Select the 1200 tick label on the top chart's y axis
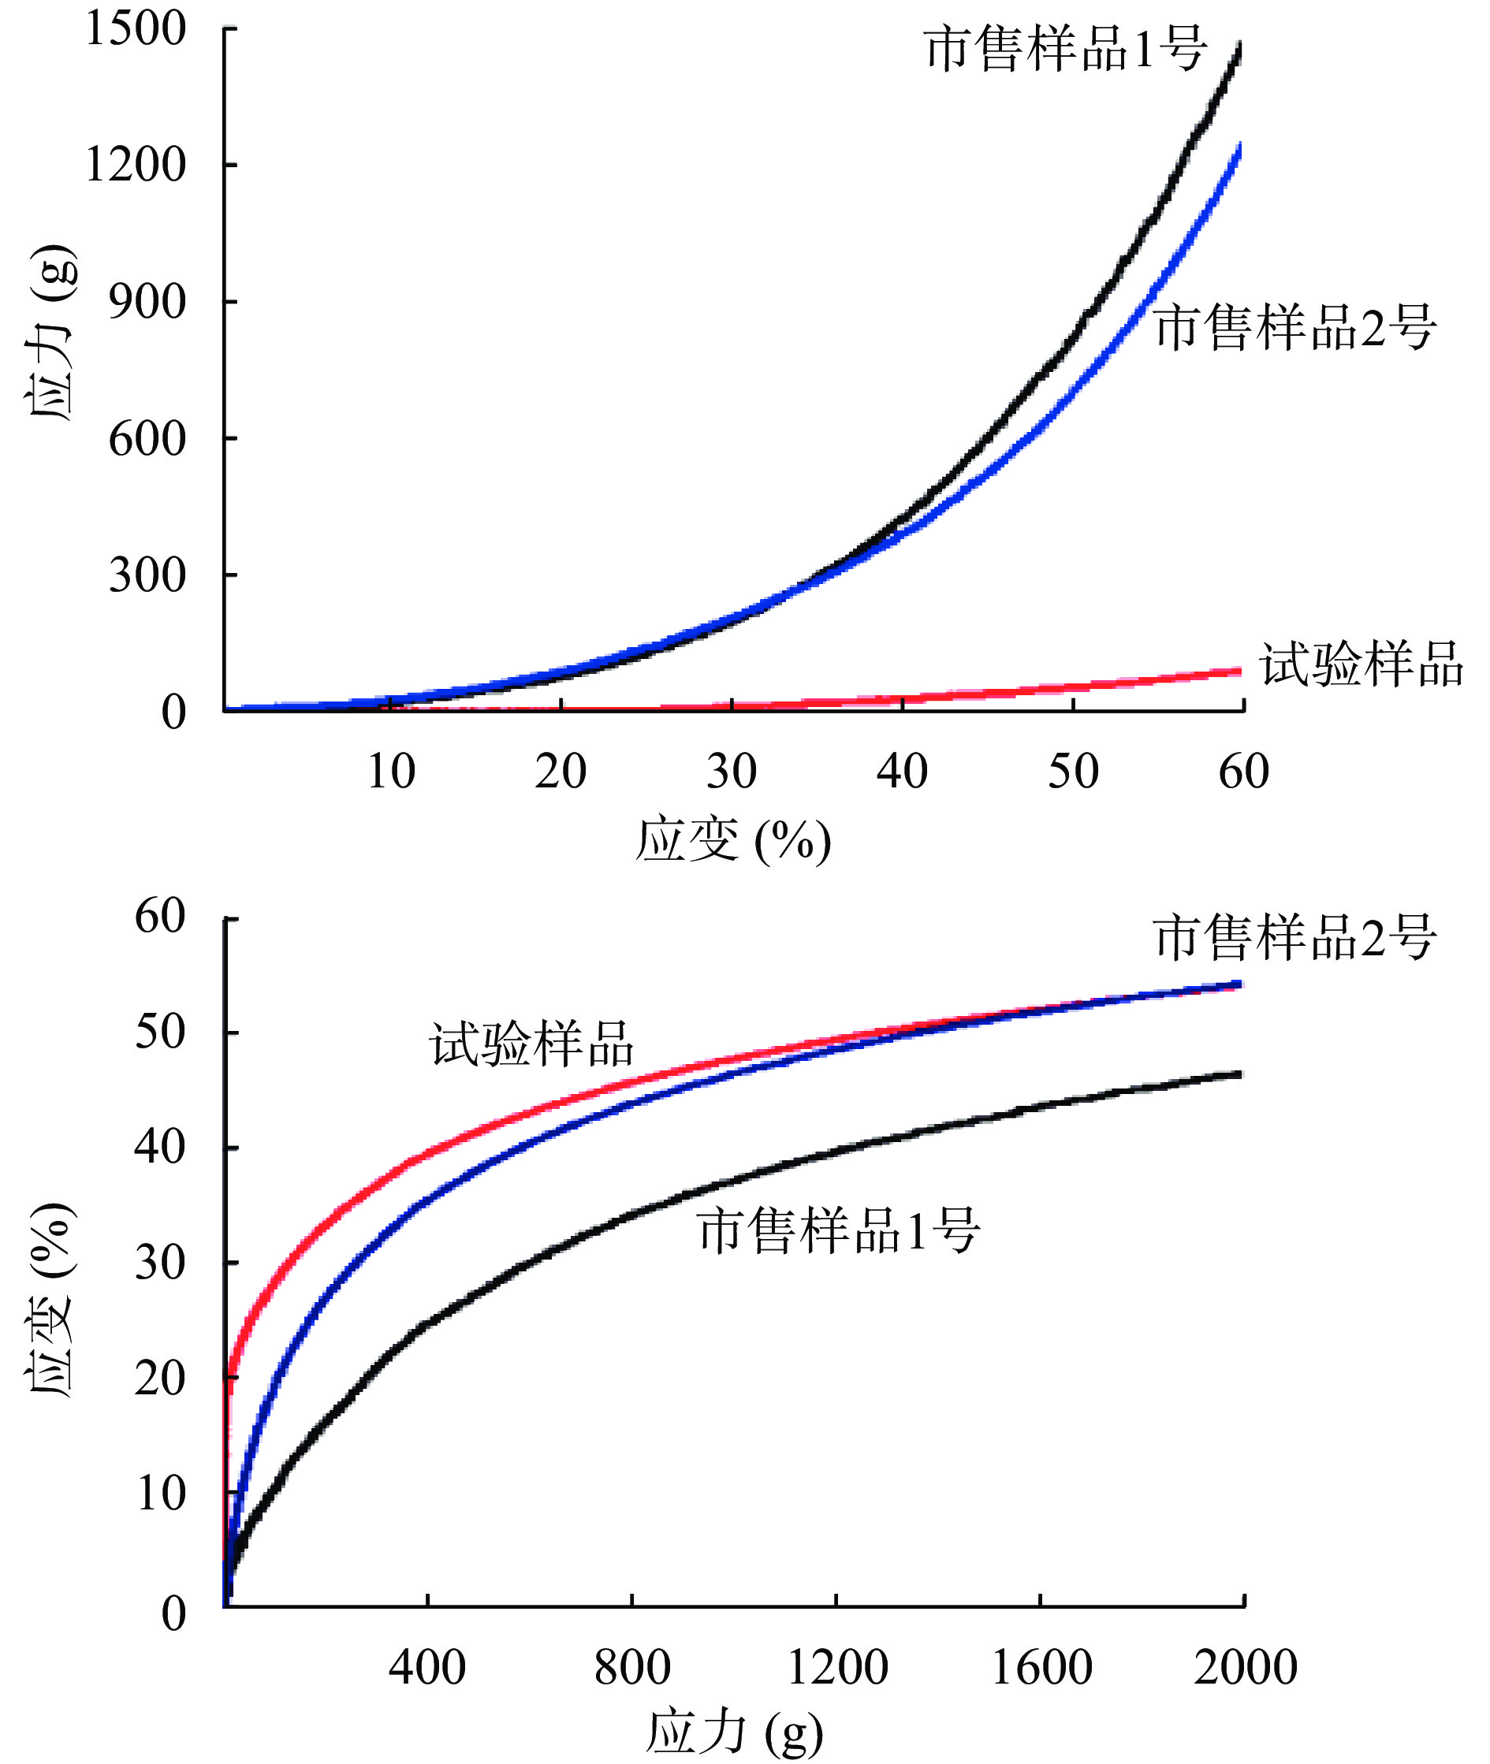(135, 165)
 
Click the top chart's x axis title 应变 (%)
(732, 841)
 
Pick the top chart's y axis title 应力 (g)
(50, 333)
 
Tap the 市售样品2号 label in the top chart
(1294, 327)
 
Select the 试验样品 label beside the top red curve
(1361, 664)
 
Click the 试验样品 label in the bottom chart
(531, 1044)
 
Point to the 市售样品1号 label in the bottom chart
(838, 1230)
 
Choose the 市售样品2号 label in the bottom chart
(1294, 937)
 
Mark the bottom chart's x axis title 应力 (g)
(733, 1731)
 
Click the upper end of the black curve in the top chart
(1239, 44)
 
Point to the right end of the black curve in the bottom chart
(1239, 1074)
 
